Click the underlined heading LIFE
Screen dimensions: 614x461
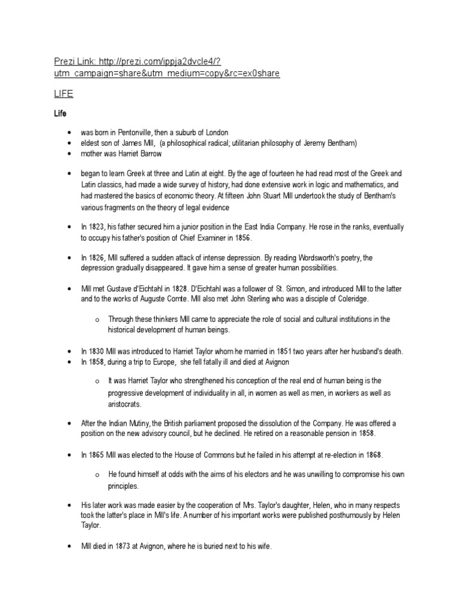(64, 94)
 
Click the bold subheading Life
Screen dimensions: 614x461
(61, 113)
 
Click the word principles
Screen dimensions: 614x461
(124, 486)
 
